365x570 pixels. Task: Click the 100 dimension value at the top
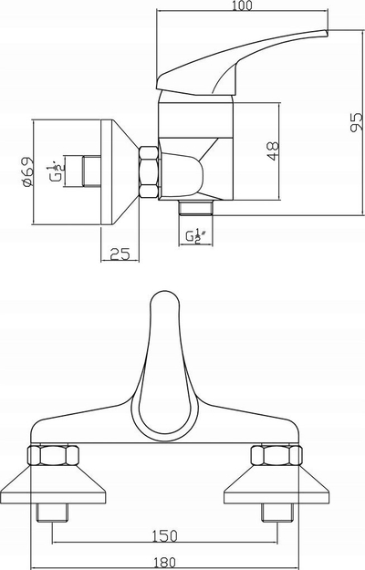click(x=241, y=5)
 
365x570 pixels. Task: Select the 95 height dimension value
click(x=356, y=122)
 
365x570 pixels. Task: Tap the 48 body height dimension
click(x=273, y=151)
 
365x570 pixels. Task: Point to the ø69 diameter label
click(x=26, y=172)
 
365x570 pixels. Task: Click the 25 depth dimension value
click(x=120, y=254)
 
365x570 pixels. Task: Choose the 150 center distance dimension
click(x=165, y=536)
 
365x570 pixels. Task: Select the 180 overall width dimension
click(x=164, y=563)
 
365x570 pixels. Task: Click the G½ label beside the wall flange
click(x=55, y=171)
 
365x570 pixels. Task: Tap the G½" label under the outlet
click(x=196, y=236)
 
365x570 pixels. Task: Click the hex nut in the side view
click(x=149, y=172)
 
